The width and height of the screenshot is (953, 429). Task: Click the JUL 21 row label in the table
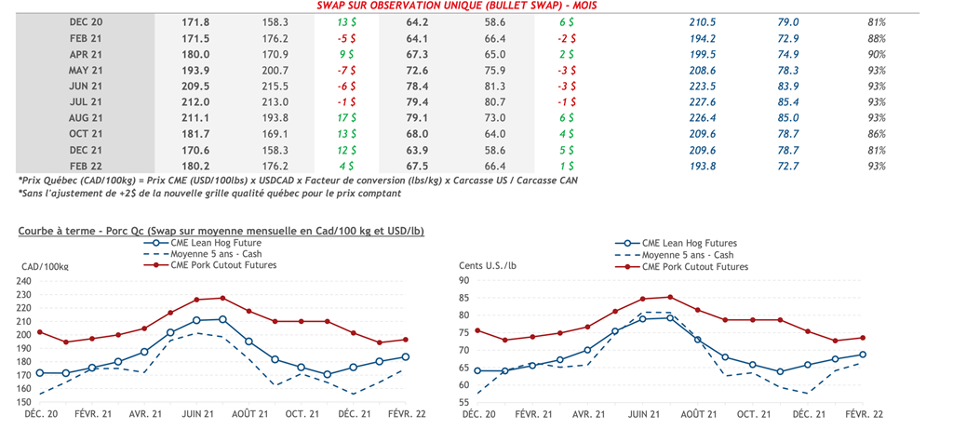coord(84,102)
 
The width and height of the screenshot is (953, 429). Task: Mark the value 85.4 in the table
coord(789,102)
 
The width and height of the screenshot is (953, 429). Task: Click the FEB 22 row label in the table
coord(84,165)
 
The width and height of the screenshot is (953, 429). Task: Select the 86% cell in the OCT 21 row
coord(875,133)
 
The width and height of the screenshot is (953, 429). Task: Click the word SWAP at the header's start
coord(333,5)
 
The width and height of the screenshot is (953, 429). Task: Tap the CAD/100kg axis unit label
coord(44,267)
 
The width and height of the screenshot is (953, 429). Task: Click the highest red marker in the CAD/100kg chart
coord(222,298)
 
